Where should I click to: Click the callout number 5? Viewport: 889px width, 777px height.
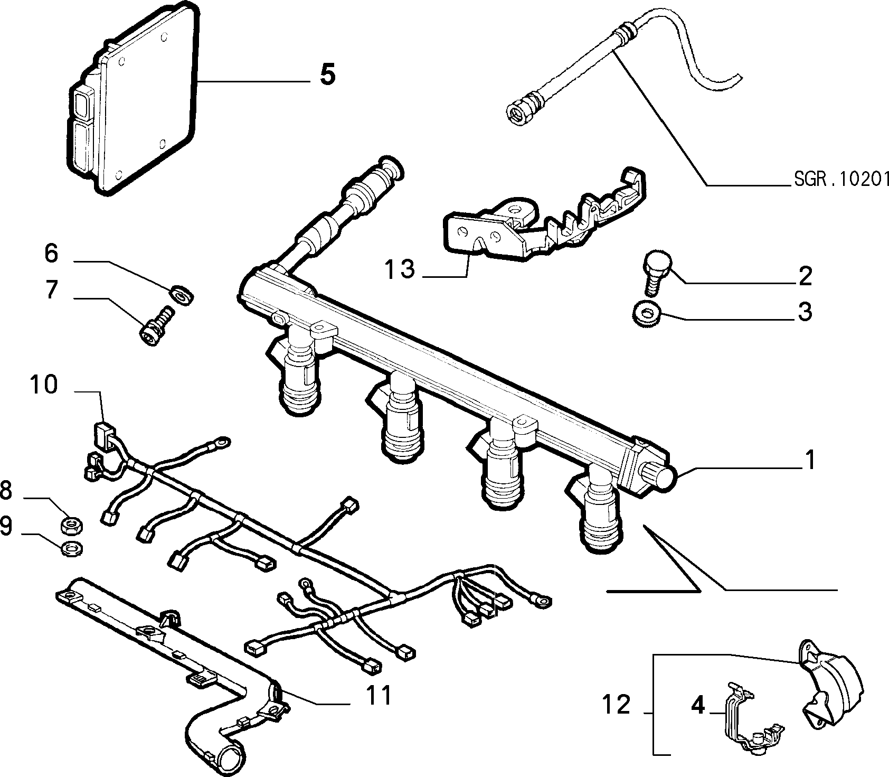(x=327, y=74)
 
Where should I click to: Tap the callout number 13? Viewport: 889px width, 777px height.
(x=400, y=269)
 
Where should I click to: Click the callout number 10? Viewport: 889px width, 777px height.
(x=43, y=385)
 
